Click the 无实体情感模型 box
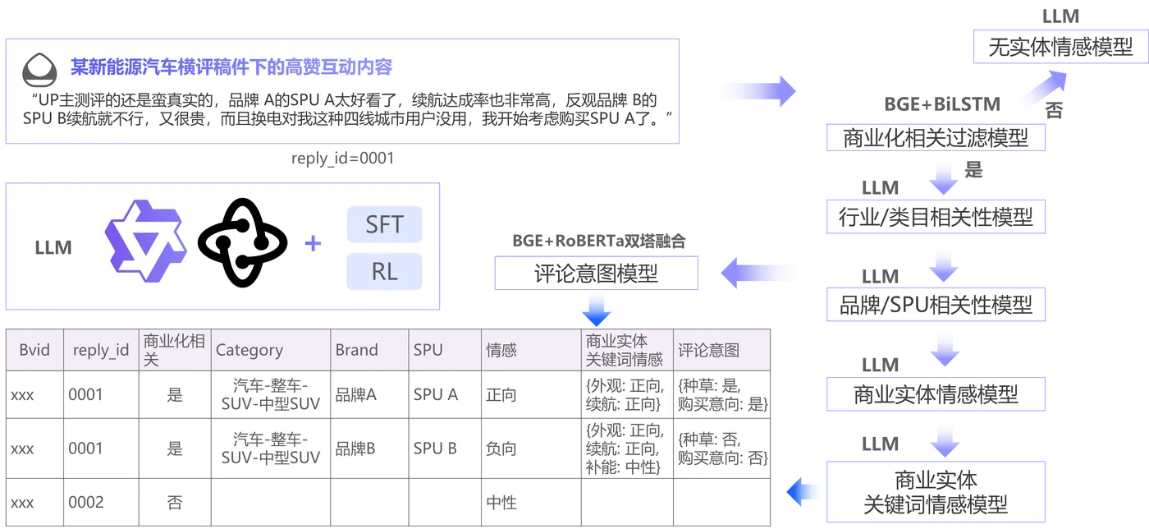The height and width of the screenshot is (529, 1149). point(1060,47)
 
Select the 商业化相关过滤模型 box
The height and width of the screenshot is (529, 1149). point(936,138)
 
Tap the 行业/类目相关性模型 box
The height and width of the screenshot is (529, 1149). point(936,217)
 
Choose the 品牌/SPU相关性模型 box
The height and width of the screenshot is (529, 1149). point(936,305)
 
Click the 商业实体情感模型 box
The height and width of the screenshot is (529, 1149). point(936,394)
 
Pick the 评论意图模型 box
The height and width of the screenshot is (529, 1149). point(596,274)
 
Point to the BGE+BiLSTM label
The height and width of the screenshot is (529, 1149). point(942,104)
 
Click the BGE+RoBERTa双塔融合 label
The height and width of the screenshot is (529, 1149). point(598,241)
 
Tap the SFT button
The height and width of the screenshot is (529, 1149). point(385,224)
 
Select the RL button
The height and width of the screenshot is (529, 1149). point(385,271)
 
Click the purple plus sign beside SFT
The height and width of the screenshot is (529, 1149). point(313,243)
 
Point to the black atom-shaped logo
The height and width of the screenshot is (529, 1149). point(242,242)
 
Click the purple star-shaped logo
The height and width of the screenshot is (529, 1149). point(146,241)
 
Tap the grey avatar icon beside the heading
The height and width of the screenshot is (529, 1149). point(39,70)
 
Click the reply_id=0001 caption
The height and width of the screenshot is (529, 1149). point(343,159)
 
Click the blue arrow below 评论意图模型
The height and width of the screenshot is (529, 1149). point(596,311)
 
